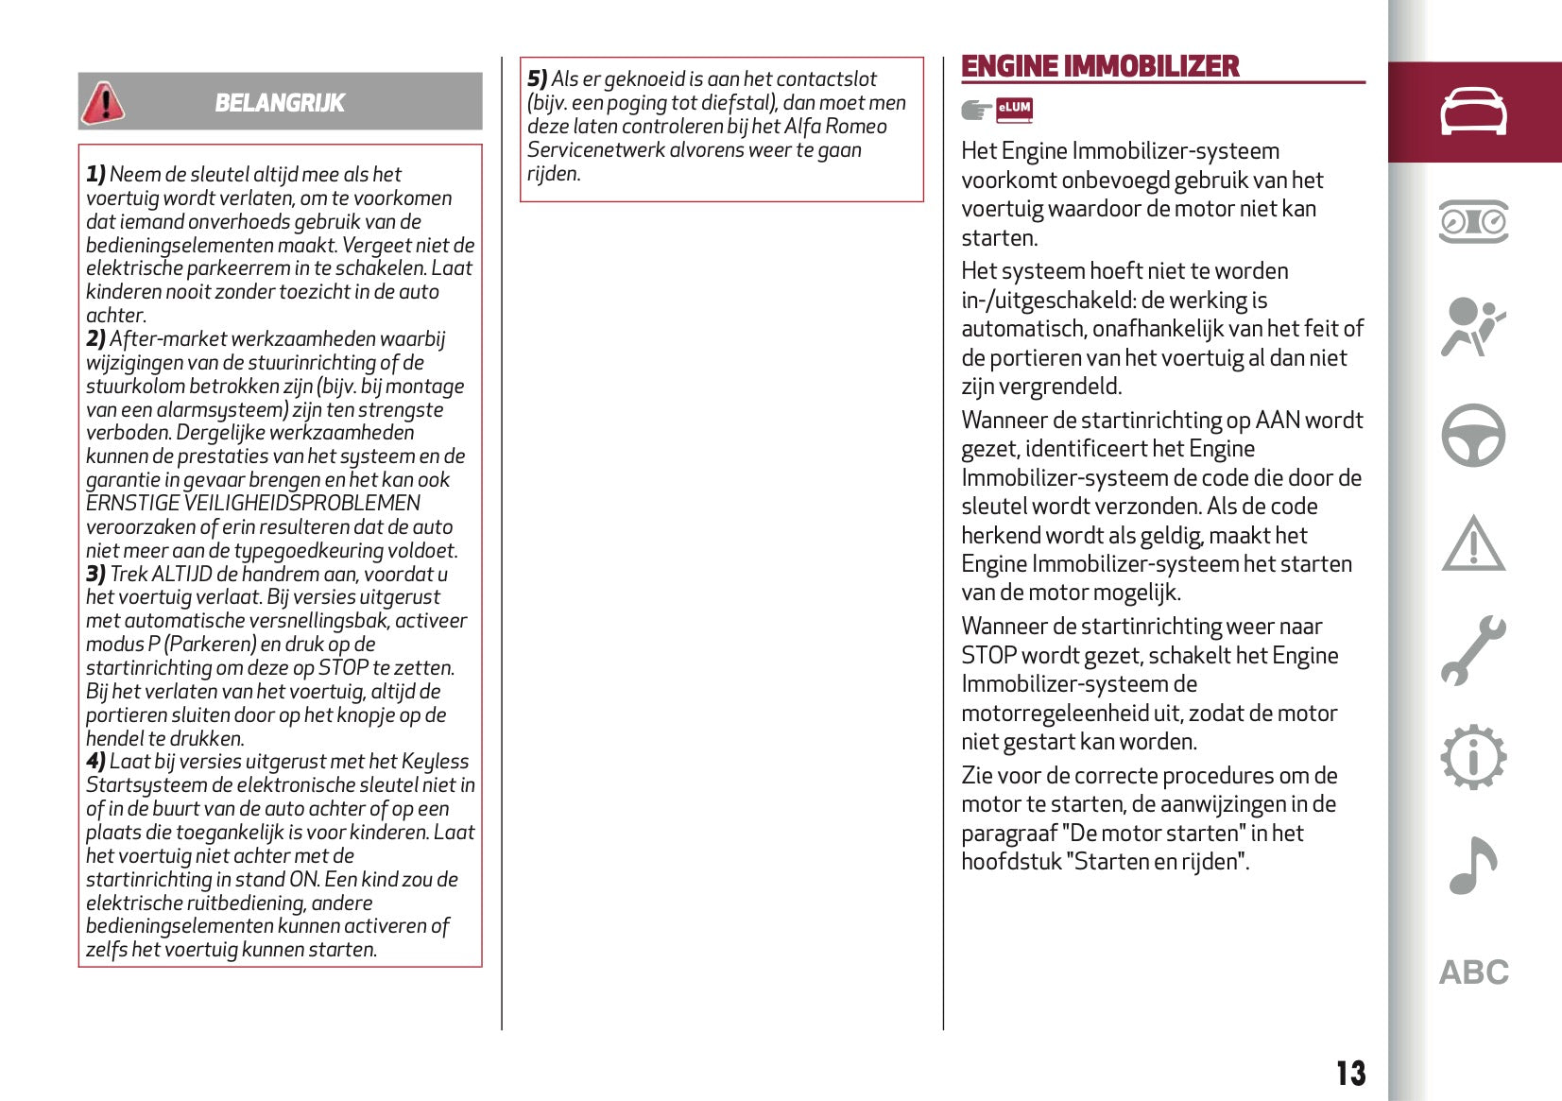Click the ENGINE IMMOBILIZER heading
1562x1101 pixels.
pyautogui.click(x=1100, y=66)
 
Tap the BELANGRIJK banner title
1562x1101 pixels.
pyautogui.click(x=280, y=103)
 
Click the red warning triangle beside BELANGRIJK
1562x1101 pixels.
pyautogui.click(x=103, y=103)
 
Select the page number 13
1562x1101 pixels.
pyautogui.click(x=1350, y=1074)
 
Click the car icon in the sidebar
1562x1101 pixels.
pyautogui.click(x=1473, y=112)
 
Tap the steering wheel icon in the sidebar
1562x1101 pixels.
pyautogui.click(x=1473, y=436)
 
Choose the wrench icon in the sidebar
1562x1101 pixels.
pyautogui.click(x=1473, y=650)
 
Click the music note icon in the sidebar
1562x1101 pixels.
pyautogui.click(x=1473, y=866)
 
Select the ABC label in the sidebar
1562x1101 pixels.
pyautogui.click(x=1473, y=972)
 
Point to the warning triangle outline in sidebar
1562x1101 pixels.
pyautogui.click(x=1473, y=544)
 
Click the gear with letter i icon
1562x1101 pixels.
pyautogui.click(x=1473, y=757)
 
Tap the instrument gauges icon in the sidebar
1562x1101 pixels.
pyautogui.click(x=1473, y=222)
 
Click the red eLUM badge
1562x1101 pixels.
pyautogui.click(x=1014, y=110)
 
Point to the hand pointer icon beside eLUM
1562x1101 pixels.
pyautogui.click(x=976, y=111)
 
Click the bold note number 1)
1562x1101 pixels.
pyautogui.click(x=95, y=175)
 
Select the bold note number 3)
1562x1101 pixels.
pyautogui.click(x=95, y=575)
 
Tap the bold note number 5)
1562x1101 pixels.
pyautogui.click(x=537, y=79)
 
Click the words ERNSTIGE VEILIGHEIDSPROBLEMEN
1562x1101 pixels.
pyautogui.click(x=253, y=504)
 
